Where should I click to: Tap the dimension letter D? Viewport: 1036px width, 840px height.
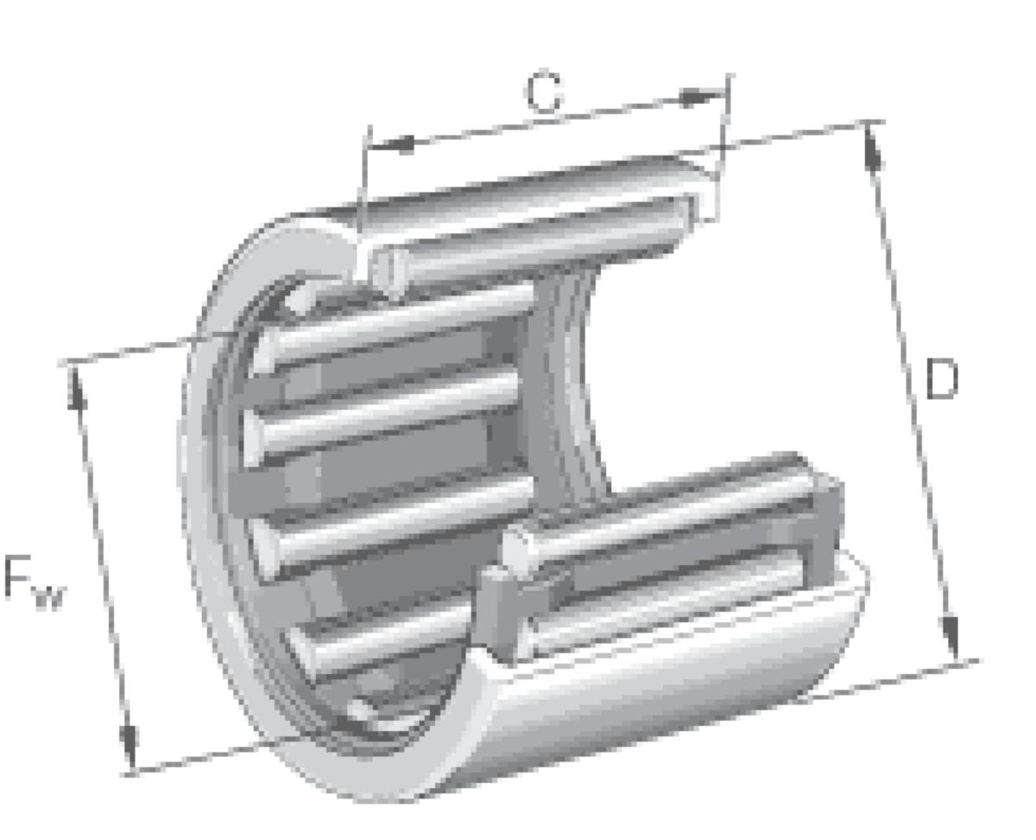tap(941, 380)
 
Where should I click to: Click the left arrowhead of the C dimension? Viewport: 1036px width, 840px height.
tap(393, 144)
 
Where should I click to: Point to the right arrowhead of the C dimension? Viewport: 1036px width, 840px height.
tap(699, 98)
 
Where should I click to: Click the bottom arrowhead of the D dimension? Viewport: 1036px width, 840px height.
tap(952, 640)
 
